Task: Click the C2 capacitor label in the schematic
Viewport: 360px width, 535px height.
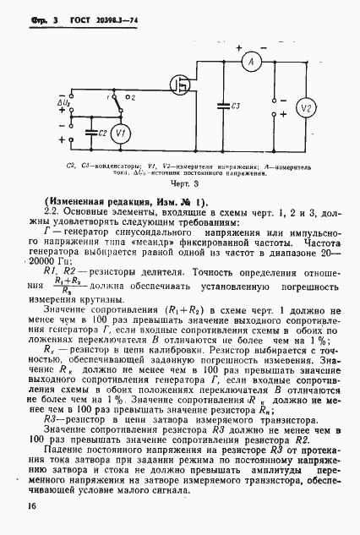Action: tap(101, 134)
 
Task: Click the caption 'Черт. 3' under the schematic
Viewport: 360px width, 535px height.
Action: tap(180, 182)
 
